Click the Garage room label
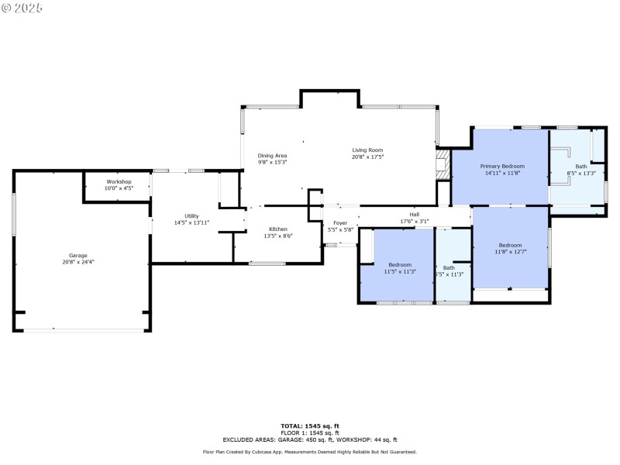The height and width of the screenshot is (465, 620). (77, 255)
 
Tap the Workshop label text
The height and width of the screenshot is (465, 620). (119, 181)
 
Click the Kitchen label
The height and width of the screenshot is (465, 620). (278, 229)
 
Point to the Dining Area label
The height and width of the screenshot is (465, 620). (272, 156)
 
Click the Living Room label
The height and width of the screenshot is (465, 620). (367, 150)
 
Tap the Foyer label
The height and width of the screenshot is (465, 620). (340, 223)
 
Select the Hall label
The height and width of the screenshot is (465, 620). (415, 215)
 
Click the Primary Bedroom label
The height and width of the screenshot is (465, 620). (502, 166)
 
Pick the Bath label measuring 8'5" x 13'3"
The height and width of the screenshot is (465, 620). (581, 166)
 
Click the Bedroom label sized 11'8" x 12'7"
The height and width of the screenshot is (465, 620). (510, 245)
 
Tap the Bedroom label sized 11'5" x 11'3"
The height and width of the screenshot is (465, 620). (400, 265)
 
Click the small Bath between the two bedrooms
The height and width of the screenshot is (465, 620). (449, 267)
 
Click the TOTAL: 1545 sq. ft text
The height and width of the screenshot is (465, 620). (310, 425)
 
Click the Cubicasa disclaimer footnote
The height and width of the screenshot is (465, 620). (310, 452)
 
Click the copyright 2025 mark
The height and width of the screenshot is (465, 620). (22, 7)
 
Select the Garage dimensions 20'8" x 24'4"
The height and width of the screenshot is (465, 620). (77, 262)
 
